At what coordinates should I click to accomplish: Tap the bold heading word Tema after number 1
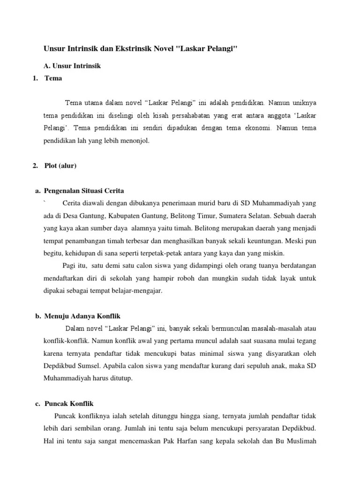pos(53,78)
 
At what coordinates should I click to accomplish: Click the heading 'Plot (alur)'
pos(60,165)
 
